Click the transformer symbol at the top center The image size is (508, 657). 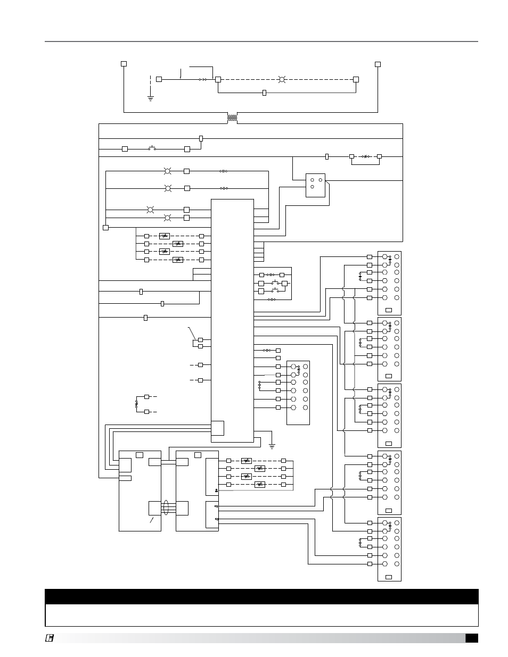pyautogui.click(x=232, y=118)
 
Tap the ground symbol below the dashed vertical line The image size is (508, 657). pyautogui.click(x=151, y=98)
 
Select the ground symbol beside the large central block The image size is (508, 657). pyautogui.click(x=272, y=444)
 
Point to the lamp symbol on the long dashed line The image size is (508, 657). pyautogui.click(x=283, y=80)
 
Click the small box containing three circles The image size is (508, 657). pyautogui.click(x=315, y=185)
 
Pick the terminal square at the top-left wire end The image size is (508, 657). pyautogui.click(x=124, y=64)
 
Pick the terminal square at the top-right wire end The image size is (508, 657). pyautogui.click(x=378, y=64)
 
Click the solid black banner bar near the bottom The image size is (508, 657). pyautogui.click(x=261, y=596)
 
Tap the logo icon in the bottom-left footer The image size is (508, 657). pyautogui.click(x=49, y=638)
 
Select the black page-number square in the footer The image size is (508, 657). pyautogui.click(x=471, y=638)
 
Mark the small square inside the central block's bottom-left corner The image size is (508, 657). pyautogui.click(x=217, y=428)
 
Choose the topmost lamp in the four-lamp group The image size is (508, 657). pyautogui.click(x=167, y=171)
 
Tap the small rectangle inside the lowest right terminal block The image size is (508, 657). pyautogui.click(x=389, y=577)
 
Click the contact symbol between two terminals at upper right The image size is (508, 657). pyautogui.click(x=365, y=156)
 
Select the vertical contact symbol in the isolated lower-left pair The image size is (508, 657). pyautogui.click(x=136, y=404)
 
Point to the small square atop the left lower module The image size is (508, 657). pyautogui.click(x=139, y=454)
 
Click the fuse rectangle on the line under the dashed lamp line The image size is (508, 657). pyautogui.click(x=265, y=93)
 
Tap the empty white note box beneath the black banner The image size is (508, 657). pyautogui.click(x=261, y=615)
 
